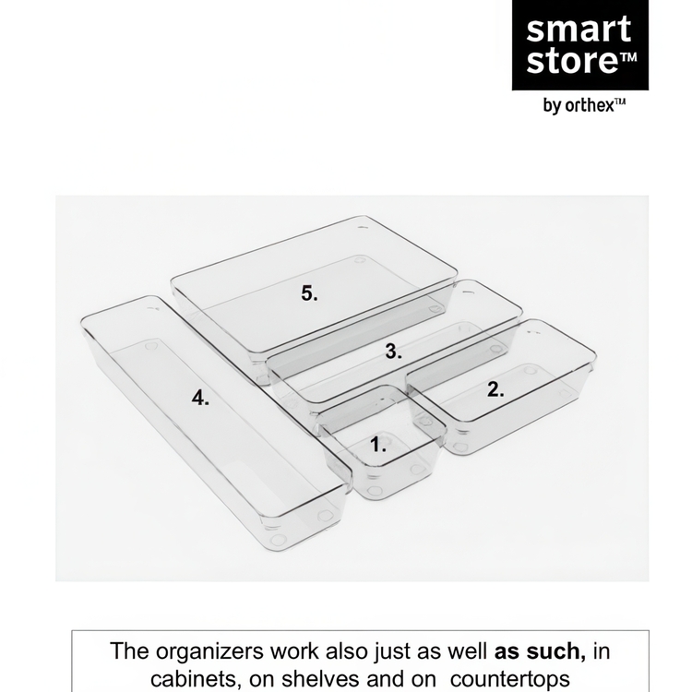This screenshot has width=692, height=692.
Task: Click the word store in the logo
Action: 566,64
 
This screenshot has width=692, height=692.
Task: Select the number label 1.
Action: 378,445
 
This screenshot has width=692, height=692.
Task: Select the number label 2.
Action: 495,389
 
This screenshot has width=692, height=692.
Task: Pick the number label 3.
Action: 393,352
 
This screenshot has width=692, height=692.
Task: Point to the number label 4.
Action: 201,399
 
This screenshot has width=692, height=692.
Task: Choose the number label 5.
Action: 309,294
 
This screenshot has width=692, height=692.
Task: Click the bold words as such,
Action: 540,650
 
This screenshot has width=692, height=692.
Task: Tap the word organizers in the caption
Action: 205,650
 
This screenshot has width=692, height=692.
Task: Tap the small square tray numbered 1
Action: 383,457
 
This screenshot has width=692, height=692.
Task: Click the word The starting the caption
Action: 130,650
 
